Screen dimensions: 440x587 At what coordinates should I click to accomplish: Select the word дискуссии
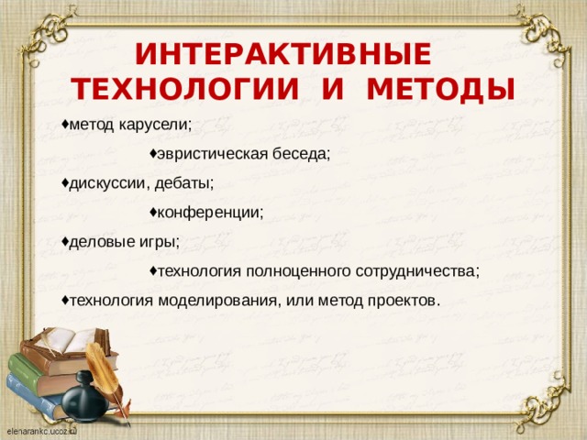tap(107, 182)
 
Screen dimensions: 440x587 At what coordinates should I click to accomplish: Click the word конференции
tap(210, 213)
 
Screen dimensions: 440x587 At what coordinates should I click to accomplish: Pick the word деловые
tap(102, 242)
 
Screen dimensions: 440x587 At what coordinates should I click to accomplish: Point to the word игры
tap(159, 242)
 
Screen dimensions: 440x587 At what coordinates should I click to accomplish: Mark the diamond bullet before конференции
tap(152, 212)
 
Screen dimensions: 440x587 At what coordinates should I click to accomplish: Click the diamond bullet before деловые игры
tap(65, 241)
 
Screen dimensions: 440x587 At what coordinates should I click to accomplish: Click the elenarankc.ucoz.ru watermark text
tap(40, 430)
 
